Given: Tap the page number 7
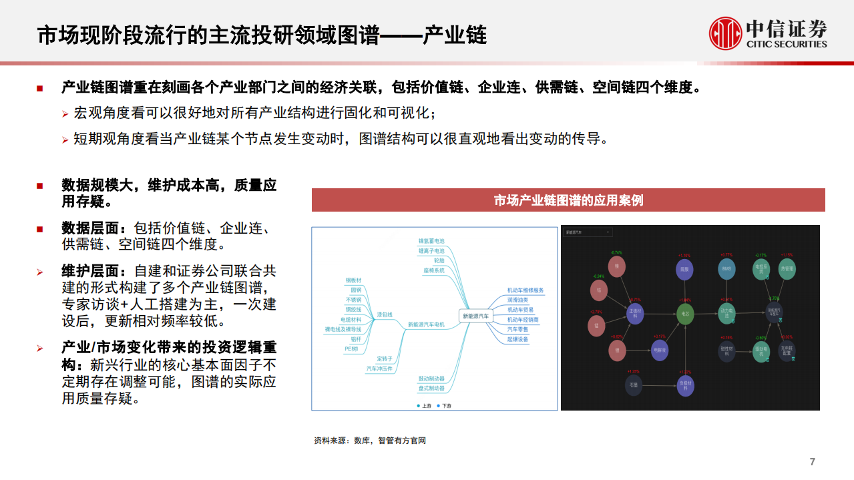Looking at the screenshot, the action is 812,462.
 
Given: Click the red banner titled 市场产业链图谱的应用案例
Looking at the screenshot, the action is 568,200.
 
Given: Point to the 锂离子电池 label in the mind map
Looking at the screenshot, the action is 431,250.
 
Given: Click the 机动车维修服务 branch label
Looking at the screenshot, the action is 525,290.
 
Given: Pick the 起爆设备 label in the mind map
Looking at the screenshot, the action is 517,339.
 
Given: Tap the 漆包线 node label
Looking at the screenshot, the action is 385,314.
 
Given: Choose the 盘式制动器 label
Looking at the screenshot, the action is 431,388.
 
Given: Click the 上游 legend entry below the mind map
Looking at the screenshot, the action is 424,405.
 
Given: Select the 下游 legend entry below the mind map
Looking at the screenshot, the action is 443,405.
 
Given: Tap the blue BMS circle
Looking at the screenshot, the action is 726,269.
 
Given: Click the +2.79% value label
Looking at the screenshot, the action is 596,312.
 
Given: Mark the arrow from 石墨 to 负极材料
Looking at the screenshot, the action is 659,385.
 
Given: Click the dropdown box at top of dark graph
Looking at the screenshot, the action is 588,232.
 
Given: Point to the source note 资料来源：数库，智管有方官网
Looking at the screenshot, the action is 369,441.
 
